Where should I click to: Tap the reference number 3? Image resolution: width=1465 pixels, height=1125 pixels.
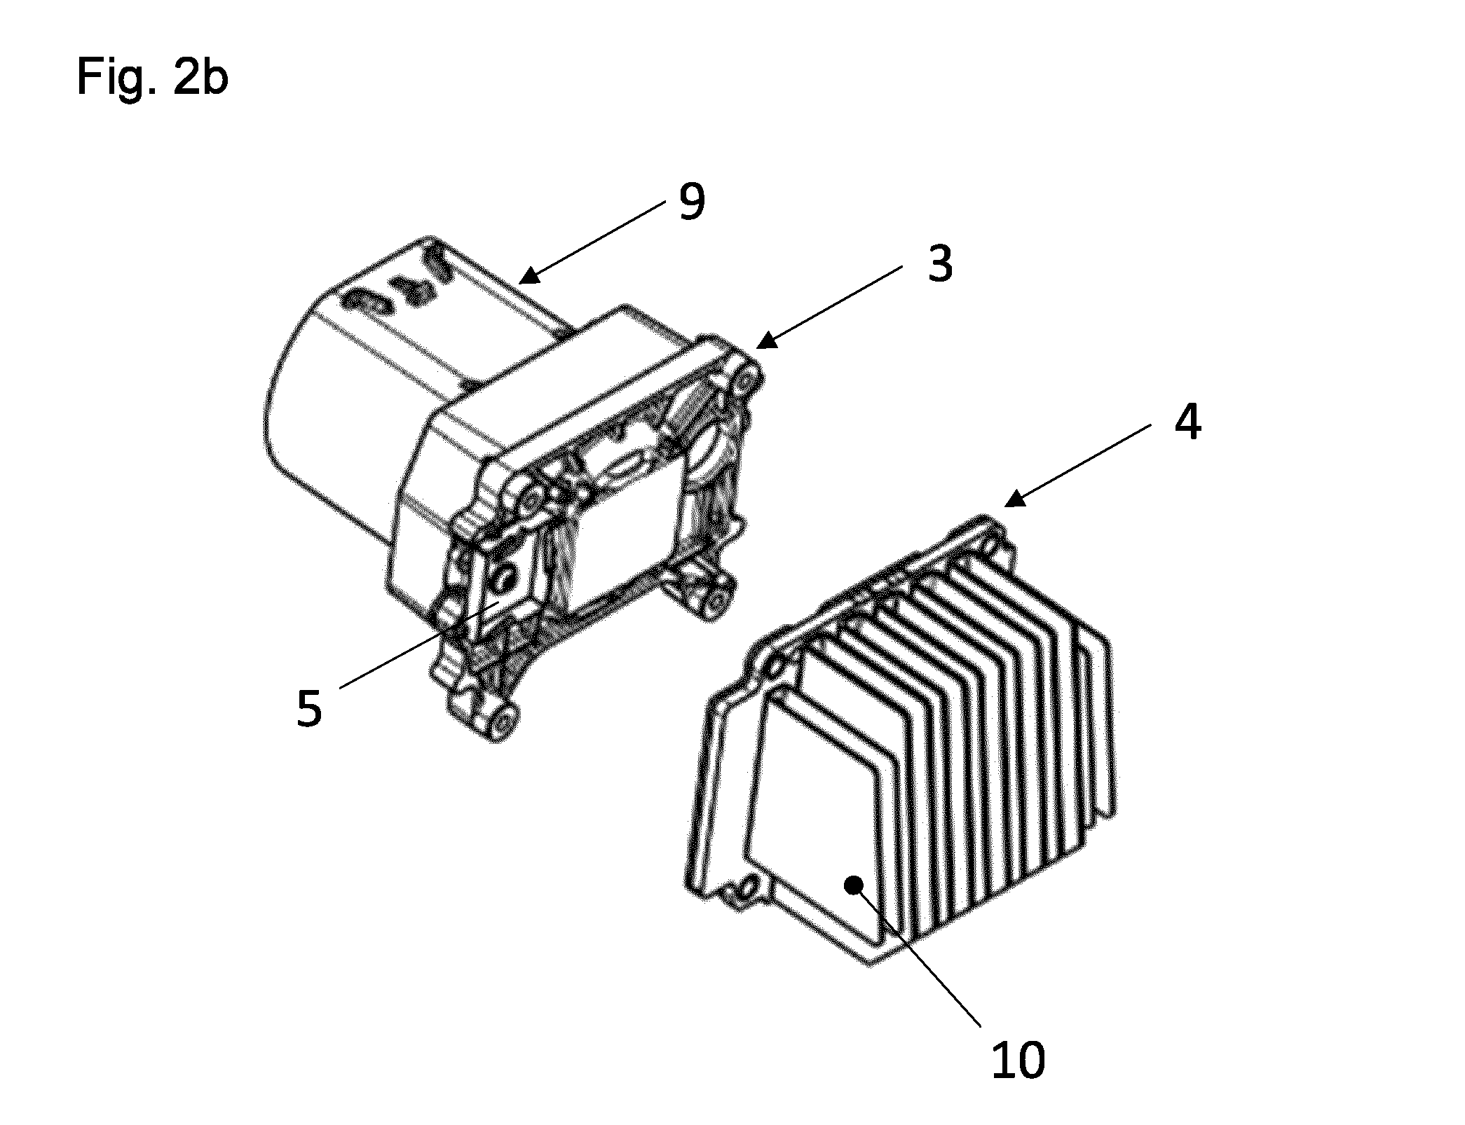(x=940, y=264)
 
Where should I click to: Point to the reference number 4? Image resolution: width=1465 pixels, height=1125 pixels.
(x=1187, y=422)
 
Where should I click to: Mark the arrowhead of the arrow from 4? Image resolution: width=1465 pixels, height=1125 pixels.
(x=1016, y=497)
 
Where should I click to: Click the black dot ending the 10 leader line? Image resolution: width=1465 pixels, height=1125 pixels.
(x=853, y=885)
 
